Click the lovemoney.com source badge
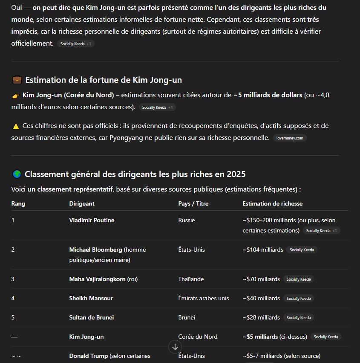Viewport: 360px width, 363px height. (x=290, y=138)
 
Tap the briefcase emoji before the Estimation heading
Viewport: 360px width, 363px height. (x=17, y=80)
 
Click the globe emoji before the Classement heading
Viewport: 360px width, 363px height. (x=17, y=174)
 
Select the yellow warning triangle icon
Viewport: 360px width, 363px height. (x=16, y=126)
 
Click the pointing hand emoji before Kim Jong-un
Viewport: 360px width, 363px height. (x=16, y=95)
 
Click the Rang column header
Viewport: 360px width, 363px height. (x=18, y=203)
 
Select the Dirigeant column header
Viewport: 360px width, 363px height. (x=82, y=203)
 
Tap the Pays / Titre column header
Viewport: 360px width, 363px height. (x=193, y=203)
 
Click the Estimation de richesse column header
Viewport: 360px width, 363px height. (x=272, y=203)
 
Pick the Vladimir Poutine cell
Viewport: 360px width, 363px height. (x=92, y=220)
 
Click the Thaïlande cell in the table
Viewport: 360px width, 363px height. (x=191, y=279)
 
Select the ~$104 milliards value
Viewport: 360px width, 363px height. (x=263, y=250)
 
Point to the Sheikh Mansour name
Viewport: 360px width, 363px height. (x=91, y=298)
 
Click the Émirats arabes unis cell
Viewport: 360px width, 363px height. (x=203, y=298)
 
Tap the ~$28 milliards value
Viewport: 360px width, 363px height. (x=261, y=317)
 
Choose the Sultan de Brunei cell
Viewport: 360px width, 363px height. (x=92, y=317)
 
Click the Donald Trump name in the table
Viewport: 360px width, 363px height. (x=89, y=356)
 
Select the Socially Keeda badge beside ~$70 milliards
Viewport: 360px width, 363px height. (x=299, y=279)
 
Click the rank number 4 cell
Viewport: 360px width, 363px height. (x=13, y=298)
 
